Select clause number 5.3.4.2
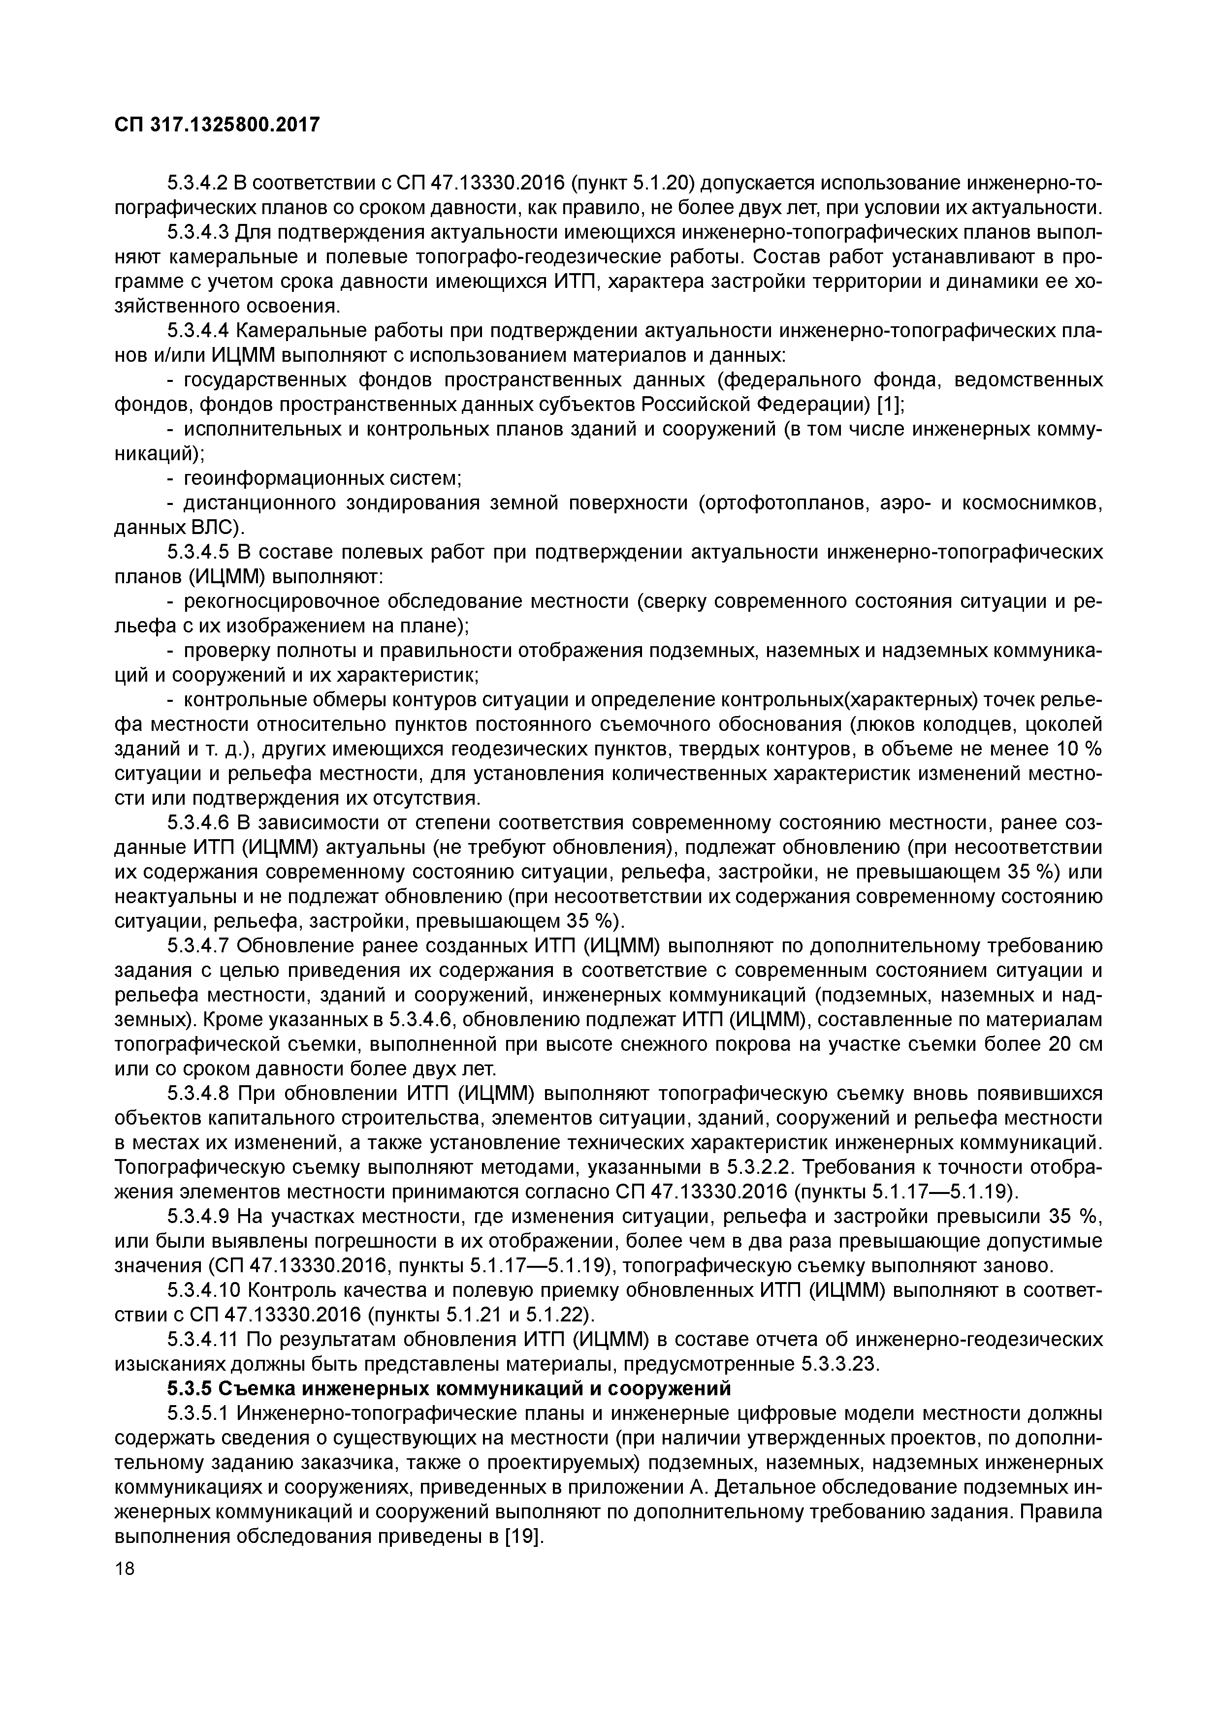click(197, 183)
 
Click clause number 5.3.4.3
click(197, 232)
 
